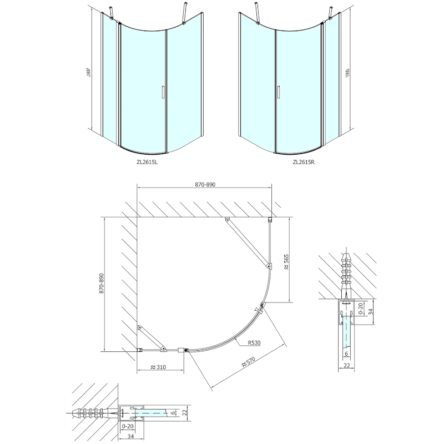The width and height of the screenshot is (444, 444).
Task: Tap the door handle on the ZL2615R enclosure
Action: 277,92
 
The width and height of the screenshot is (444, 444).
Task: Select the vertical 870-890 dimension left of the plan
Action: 100,284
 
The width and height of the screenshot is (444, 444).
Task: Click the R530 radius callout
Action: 255,343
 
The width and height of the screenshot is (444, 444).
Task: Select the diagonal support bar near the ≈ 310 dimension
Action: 150,339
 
